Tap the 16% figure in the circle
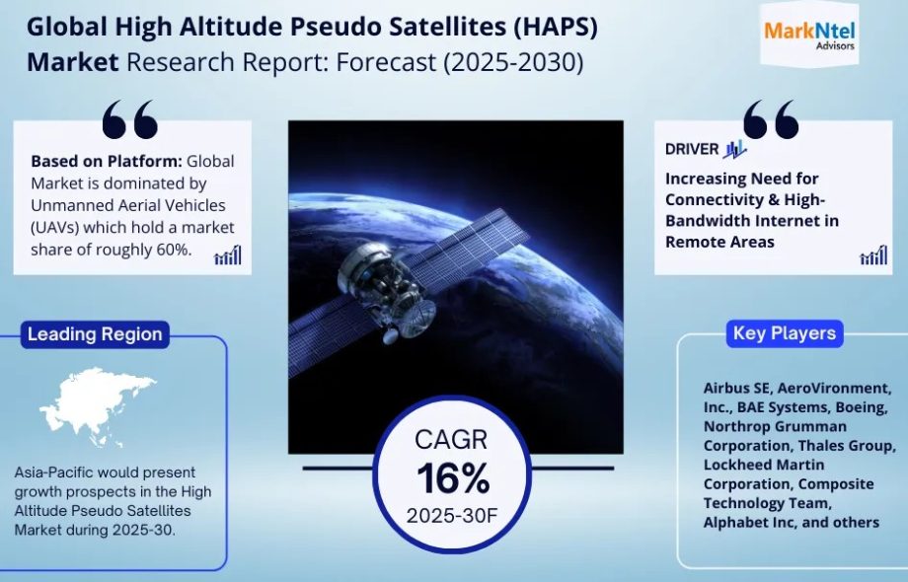click(453, 478)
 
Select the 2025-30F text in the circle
click(453, 516)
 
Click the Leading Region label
click(95, 334)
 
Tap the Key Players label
click(784, 333)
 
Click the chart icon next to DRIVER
click(735, 149)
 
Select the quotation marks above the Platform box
click(129, 120)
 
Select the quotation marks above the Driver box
click(771, 120)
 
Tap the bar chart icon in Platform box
click(227, 255)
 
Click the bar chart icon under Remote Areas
click(872, 255)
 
